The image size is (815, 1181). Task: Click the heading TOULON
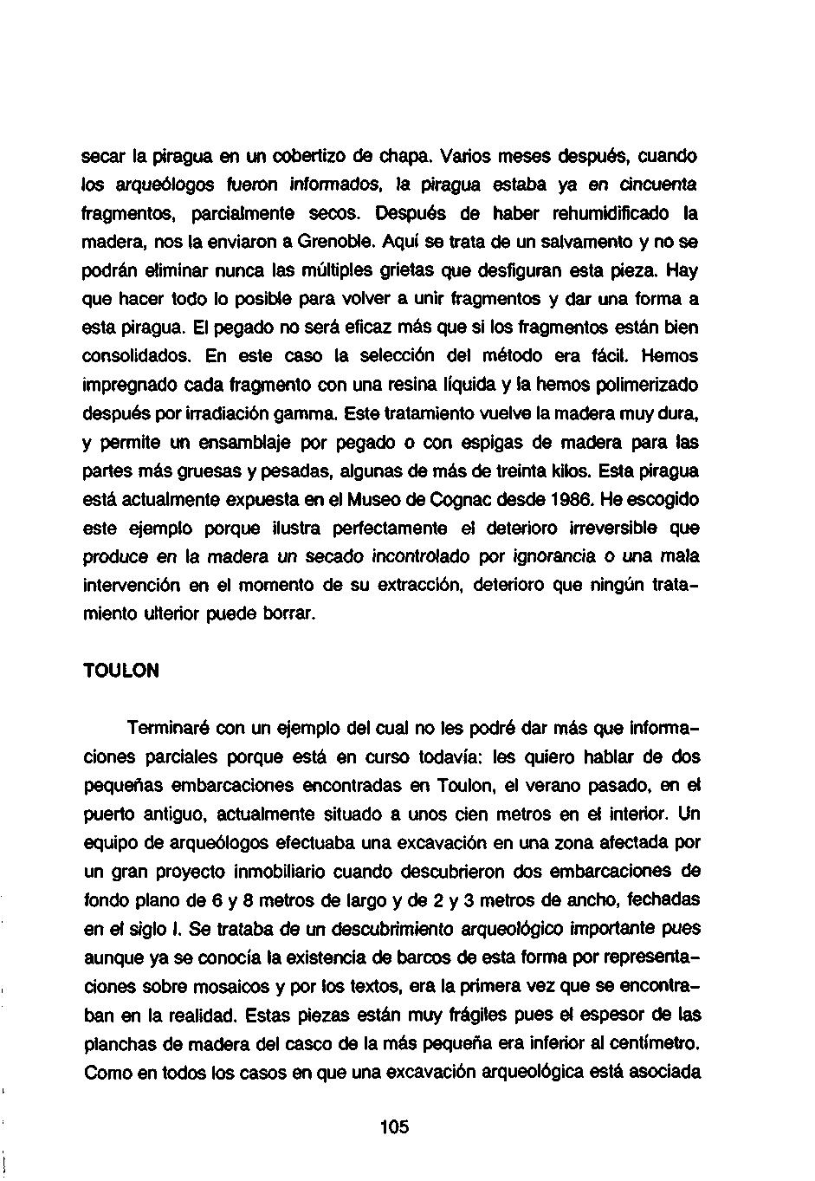coord(121,672)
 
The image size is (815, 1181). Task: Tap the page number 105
coord(393,1127)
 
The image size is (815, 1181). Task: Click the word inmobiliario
coord(278,872)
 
